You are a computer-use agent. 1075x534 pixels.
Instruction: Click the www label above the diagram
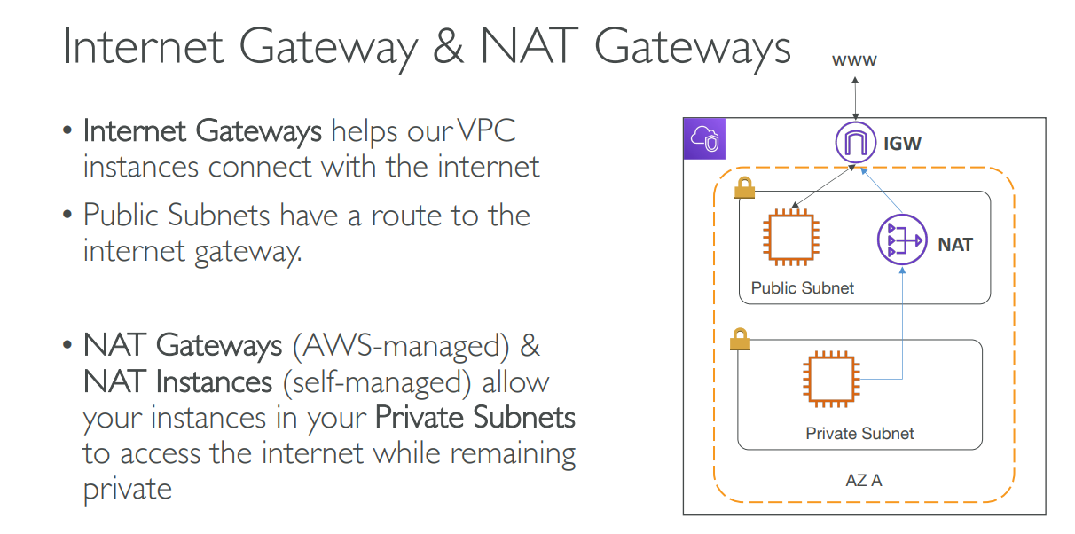[x=854, y=61]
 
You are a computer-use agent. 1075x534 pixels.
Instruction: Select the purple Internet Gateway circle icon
[x=853, y=142]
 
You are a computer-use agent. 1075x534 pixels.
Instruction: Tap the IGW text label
[x=902, y=142]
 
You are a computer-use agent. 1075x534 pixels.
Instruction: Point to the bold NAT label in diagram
[x=955, y=244]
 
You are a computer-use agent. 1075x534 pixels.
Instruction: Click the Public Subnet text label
[x=802, y=287]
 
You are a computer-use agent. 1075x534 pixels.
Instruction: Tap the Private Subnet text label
[x=859, y=433]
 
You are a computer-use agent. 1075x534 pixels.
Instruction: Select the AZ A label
[x=863, y=481]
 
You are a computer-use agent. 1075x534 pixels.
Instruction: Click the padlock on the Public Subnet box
[x=743, y=188]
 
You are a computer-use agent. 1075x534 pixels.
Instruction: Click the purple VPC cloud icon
[x=705, y=139]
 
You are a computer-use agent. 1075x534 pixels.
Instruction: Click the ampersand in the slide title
[x=448, y=47]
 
